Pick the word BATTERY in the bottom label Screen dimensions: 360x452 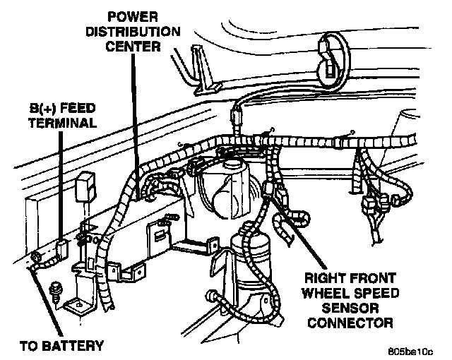point(78,345)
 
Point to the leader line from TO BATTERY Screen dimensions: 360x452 point(44,296)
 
